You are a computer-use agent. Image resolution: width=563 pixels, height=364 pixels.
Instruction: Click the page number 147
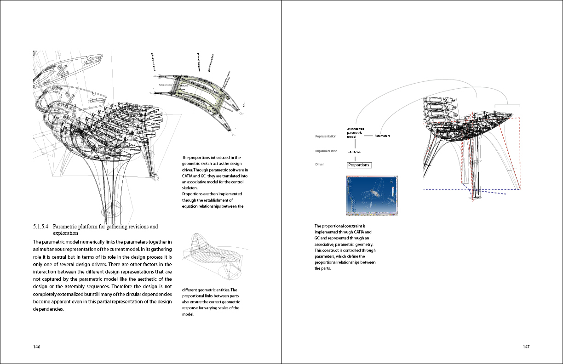point(526,347)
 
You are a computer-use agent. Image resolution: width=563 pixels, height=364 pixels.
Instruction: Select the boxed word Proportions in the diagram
point(359,165)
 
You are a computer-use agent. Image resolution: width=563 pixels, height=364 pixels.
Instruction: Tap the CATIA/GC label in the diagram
point(354,151)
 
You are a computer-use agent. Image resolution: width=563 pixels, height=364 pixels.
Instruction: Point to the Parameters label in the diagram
point(382,136)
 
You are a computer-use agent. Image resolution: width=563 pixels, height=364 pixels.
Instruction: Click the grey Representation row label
point(326,136)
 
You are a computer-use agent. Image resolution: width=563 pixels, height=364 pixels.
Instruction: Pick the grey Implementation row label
point(326,151)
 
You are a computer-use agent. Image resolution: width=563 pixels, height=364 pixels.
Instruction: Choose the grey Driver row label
point(320,165)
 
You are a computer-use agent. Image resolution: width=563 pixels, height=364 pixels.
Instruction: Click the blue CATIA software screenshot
point(372,195)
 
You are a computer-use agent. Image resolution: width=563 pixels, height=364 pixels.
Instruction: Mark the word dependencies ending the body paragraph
point(48,309)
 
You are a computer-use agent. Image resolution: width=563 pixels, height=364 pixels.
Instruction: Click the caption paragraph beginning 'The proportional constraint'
point(345,247)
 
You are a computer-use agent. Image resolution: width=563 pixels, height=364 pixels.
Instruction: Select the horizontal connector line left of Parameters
point(368,136)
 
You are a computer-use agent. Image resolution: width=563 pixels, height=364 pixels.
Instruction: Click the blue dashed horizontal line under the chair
point(446,189)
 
